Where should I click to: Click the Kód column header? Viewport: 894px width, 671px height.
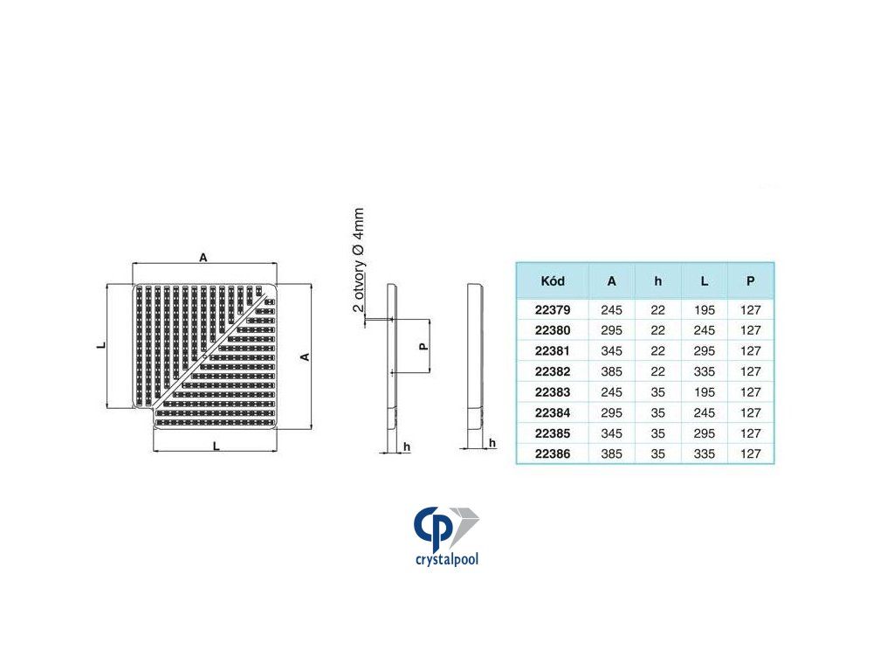coord(553,280)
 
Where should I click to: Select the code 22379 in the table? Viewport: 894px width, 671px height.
coord(553,310)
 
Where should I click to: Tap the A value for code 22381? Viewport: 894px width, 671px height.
coord(611,351)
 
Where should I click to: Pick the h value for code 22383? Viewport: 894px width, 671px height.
coord(658,392)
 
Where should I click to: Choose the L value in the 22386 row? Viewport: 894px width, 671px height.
coord(705,453)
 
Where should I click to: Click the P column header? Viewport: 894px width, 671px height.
coord(750,280)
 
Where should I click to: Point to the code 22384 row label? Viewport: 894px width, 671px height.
coord(553,412)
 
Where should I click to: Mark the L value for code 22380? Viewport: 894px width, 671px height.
coord(705,330)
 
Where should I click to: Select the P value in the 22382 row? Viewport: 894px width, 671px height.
coord(750,371)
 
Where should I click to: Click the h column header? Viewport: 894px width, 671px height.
coord(658,280)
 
